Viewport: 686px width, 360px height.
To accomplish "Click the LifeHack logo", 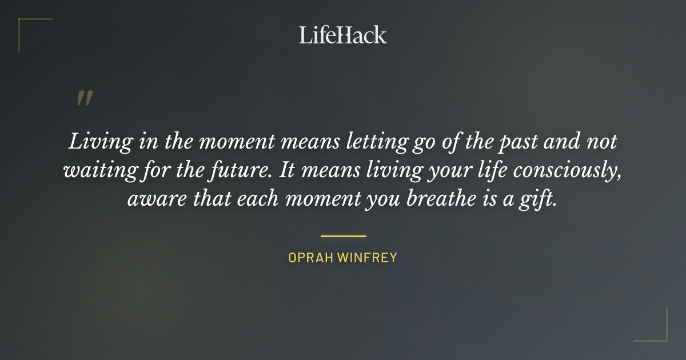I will click(342, 35).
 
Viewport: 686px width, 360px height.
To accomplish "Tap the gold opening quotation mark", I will click(84, 98).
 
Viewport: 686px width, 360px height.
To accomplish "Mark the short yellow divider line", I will click(343, 235).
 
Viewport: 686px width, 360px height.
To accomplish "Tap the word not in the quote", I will click(601, 142).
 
